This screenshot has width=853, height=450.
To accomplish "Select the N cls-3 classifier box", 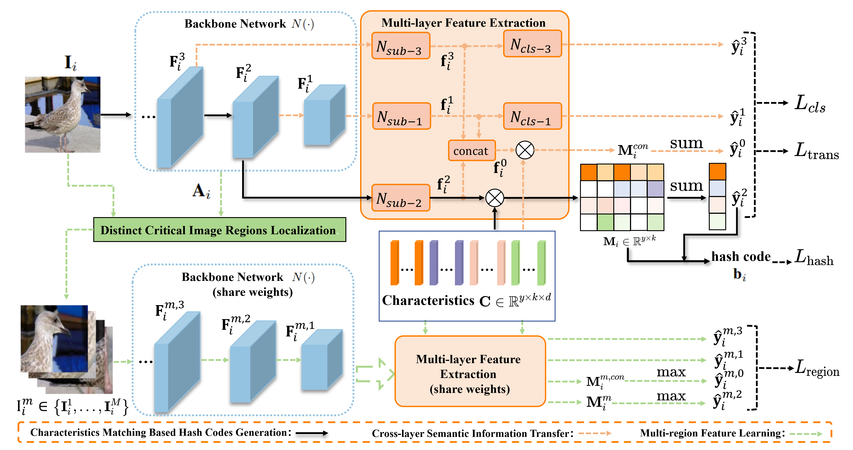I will click(532, 44).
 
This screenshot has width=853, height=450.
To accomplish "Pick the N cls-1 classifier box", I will click(532, 116).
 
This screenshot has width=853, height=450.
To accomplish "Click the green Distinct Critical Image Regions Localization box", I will click(219, 230).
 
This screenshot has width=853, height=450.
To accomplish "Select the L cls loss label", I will click(810, 104).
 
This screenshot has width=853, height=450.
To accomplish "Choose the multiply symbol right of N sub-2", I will click(494, 198).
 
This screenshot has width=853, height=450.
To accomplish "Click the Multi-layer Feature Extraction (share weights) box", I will click(470, 372).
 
